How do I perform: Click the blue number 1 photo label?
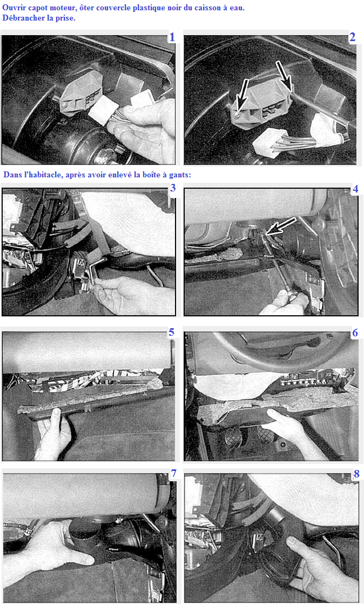pos(172,37)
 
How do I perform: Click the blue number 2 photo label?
pos(352,37)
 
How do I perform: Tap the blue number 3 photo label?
pos(173,188)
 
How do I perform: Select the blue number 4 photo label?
pos(355,189)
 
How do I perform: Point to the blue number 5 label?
pos(171,332)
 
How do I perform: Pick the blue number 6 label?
pos(355,333)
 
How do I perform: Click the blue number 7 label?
pos(173,474)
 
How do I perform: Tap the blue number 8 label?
pos(356,474)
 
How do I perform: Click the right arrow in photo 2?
pos(284,76)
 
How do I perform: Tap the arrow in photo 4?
pos(281,226)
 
